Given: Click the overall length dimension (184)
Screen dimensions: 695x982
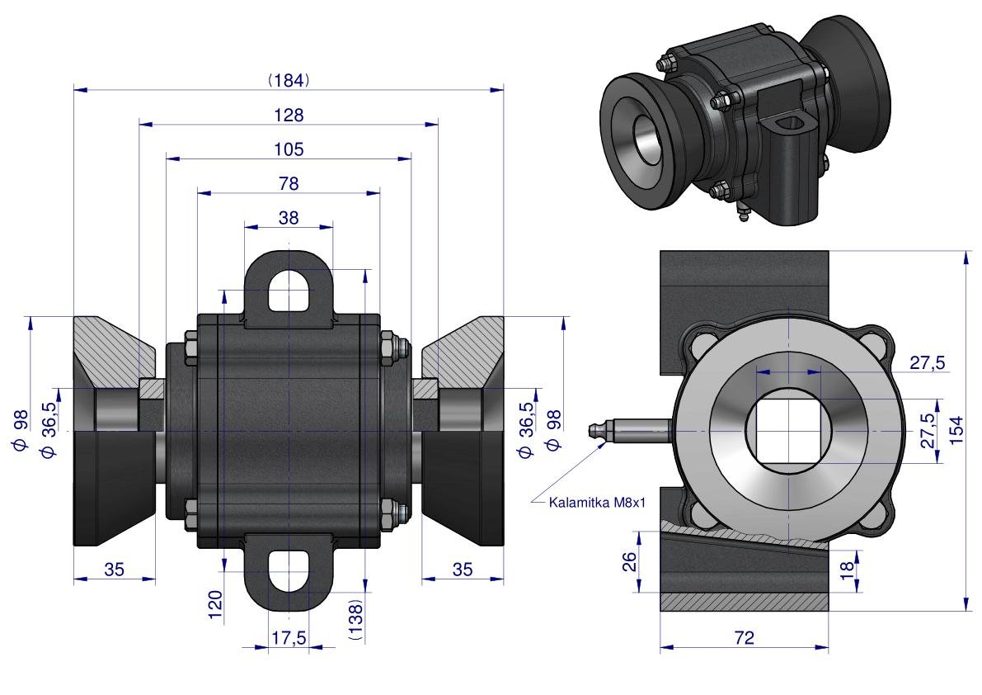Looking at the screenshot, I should (x=288, y=80).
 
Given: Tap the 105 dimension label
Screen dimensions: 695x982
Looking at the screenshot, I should (x=288, y=149).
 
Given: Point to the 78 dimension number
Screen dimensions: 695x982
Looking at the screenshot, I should (x=288, y=183).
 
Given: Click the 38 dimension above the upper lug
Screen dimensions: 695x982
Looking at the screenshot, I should (x=289, y=217).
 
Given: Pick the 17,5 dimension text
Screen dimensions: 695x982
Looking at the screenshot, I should (x=289, y=638).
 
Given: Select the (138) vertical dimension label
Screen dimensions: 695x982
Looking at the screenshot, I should (x=356, y=620).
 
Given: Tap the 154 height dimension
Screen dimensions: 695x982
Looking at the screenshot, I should (x=957, y=430).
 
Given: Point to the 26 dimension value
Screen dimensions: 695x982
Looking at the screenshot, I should (x=629, y=562).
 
